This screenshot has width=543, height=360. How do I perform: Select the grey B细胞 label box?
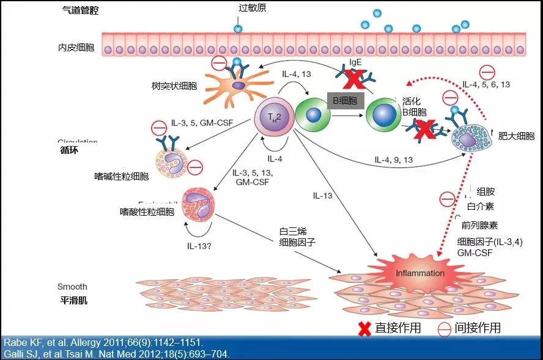[x=345, y=100]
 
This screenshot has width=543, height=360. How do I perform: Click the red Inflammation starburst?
[x=419, y=272]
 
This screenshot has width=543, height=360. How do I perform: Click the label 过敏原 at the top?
[x=252, y=8]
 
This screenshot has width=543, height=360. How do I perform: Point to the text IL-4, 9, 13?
[x=394, y=160]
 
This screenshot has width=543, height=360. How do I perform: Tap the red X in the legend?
[x=364, y=328]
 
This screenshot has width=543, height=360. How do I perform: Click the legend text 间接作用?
[x=478, y=328]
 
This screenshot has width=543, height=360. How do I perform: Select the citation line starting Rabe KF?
[x=104, y=342]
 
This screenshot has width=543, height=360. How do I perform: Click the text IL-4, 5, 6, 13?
[x=486, y=84]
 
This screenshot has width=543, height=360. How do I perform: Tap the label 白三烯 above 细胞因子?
[x=293, y=231]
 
